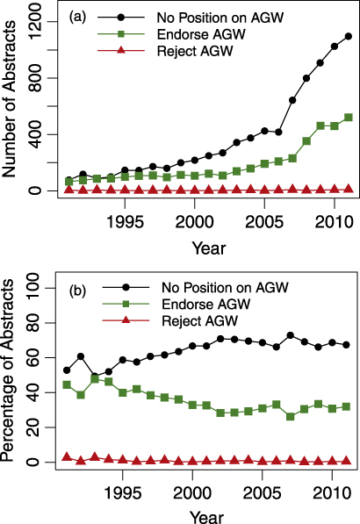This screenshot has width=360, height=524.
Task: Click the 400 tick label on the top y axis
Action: point(37,134)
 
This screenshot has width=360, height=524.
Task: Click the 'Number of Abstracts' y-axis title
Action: point(12,104)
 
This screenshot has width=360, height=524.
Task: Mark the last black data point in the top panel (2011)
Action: point(348,36)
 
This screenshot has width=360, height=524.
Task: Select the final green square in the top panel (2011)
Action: point(348,117)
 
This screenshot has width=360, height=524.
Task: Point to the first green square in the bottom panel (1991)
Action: point(68,384)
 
